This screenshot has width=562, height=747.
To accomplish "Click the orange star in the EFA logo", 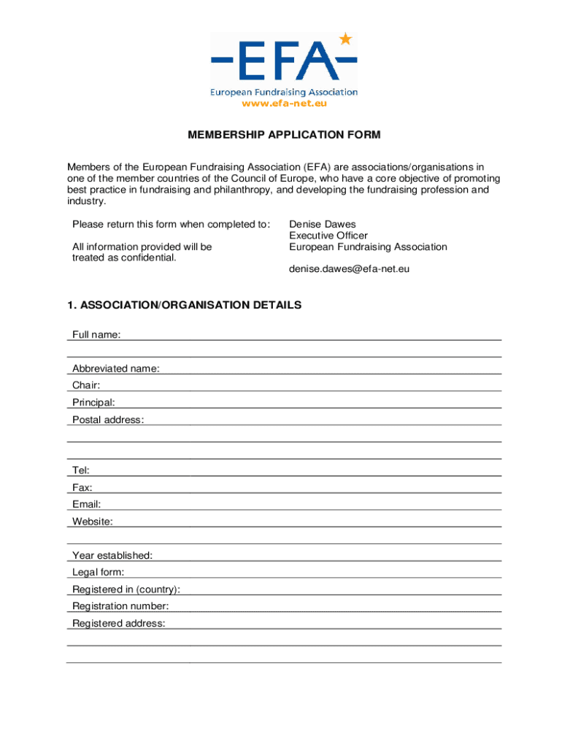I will pos(345,39).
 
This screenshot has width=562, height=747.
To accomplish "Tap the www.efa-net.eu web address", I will pos(284,104).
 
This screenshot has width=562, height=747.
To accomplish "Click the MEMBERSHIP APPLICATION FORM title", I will pos(284,135).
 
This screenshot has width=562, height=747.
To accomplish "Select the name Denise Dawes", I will pos(322,225).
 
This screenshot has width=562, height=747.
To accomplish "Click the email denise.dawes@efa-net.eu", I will pos(349,269).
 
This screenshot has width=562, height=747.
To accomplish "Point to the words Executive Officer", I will pos(328,236).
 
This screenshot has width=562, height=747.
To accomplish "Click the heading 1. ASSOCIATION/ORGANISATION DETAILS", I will pos(184,305).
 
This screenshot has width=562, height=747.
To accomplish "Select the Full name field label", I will pos(96,335).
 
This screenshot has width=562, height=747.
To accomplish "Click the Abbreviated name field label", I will pos(115,368).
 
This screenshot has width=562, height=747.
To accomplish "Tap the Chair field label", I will pos(86,385).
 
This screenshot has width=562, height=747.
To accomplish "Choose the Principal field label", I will pos(93,403).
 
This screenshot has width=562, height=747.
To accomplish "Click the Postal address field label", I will pos(108,419).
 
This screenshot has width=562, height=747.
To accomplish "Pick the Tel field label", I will pos(81,471).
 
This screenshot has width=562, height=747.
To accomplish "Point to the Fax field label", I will pos(82,487).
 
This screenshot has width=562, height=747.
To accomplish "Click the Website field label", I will pos(92,522).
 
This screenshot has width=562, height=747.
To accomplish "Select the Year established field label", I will pos(112,556).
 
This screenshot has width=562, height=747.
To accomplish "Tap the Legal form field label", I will pos(98,573).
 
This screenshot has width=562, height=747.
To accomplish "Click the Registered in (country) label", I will pos(126,589).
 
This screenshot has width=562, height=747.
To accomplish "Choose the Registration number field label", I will pos(120,606).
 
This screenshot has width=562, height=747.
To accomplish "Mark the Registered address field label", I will pos(118,624).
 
